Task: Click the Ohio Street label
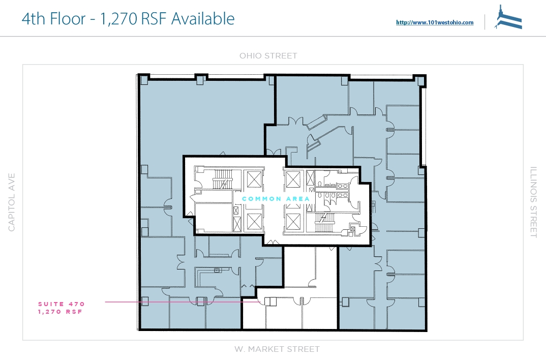click(x=268, y=56)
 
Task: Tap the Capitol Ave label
click(x=12, y=202)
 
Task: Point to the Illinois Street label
click(x=533, y=202)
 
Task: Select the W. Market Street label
click(x=277, y=349)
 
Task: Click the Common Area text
click(x=276, y=199)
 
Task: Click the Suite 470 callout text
click(x=62, y=304)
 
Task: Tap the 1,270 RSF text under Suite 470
click(x=60, y=312)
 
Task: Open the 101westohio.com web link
click(x=435, y=22)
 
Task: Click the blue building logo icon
click(x=508, y=17)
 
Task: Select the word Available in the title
click(x=203, y=18)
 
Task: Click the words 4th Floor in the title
click(x=53, y=18)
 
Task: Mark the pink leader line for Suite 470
click(x=183, y=302)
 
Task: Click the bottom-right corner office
click(x=406, y=313)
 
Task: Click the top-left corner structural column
click(x=144, y=80)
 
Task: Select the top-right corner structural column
click(x=420, y=80)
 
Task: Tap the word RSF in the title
click(x=153, y=18)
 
